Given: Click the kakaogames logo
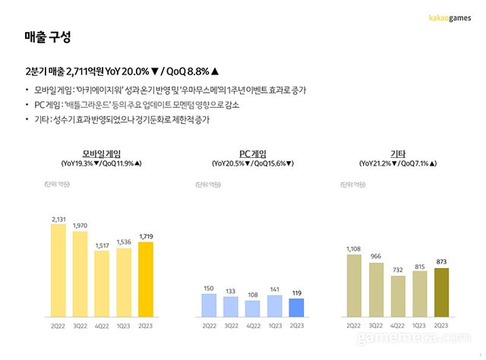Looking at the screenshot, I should pos(450,16).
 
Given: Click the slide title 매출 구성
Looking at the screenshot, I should pos(47,36).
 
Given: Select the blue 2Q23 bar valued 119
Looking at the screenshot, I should pos(297,308).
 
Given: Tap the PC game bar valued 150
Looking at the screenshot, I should pos(209,305).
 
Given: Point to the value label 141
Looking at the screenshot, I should pos(275,289).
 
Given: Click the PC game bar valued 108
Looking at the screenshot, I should pos(253,308).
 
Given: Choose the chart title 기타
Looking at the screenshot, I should pos(396,153).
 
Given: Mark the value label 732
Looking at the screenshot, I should pos(396,270).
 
